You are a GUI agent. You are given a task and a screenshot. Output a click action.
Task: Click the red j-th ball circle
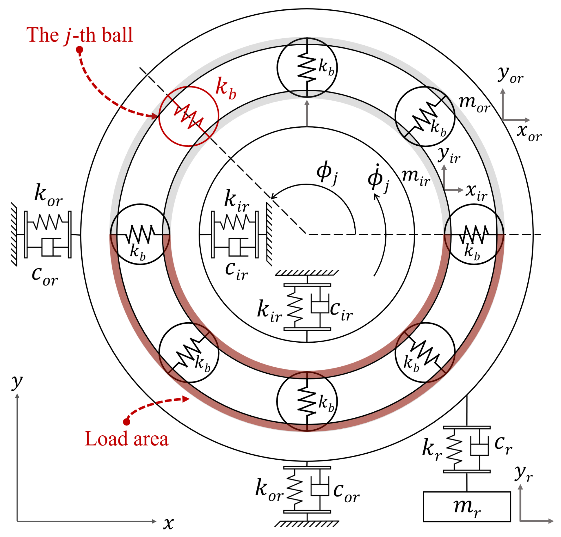click(x=189, y=116)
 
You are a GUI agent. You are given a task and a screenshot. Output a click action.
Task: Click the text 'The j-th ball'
click(x=79, y=35)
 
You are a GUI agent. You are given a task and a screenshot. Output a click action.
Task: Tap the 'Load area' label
click(x=127, y=439)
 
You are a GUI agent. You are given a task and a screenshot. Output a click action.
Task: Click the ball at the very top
click(x=307, y=67)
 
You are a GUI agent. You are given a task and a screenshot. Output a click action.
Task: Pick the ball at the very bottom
click(x=307, y=401)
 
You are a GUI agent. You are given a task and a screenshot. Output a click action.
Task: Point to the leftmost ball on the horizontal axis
click(x=140, y=234)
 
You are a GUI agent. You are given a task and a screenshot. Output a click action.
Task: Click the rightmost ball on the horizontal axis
click(x=474, y=234)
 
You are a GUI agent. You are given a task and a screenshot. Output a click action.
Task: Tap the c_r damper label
click(x=503, y=445)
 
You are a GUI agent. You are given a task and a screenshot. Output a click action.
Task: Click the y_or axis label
click(x=511, y=75)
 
